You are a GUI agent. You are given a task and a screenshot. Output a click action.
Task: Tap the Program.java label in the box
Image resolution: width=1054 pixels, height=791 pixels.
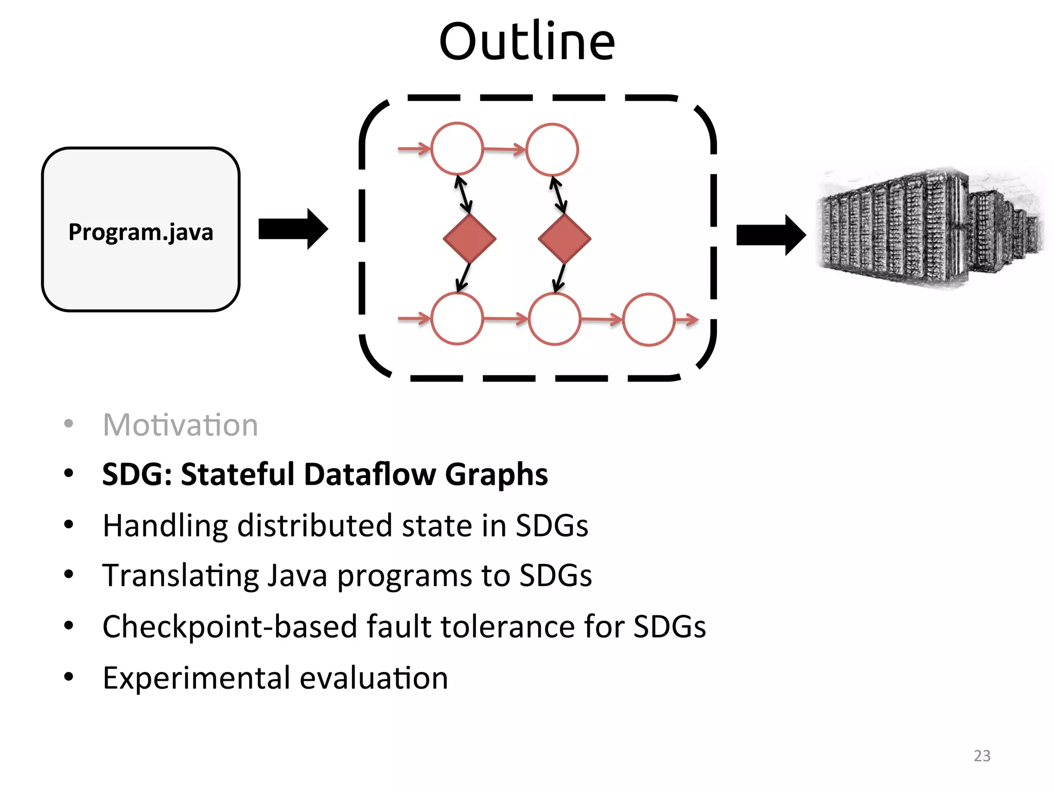[x=140, y=232]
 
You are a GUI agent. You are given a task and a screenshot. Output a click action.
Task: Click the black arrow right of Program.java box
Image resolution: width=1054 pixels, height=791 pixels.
[x=292, y=229]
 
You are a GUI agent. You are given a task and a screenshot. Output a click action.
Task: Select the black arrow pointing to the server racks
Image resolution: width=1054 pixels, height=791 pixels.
[x=770, y=235]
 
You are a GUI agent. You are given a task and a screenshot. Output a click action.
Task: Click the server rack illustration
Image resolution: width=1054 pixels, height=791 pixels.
[x=929, y=228]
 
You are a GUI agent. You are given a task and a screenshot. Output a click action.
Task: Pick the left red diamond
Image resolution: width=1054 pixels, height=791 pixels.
[x=469, y=238]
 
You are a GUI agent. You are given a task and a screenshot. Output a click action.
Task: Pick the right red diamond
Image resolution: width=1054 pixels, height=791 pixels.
[x=565, y=238]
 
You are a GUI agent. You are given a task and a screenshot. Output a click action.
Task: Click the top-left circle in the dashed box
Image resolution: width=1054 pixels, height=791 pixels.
[x=457, y=148]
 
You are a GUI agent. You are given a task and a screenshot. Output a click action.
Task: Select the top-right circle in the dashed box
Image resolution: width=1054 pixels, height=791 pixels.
[x=552, y=149]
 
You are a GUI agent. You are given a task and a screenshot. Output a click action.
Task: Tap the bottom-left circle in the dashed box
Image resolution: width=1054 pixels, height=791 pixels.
[x=457, y=319]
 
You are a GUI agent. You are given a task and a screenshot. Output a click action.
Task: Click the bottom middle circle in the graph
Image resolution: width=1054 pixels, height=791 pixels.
[x=554, y=319]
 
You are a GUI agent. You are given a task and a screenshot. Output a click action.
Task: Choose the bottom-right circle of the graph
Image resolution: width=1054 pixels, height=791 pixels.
[x=648, y=320]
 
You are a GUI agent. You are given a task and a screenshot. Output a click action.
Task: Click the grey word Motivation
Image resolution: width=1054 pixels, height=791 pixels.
[x=180, y=425]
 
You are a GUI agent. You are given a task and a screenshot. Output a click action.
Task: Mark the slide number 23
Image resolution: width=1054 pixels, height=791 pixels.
[x=982, y=755]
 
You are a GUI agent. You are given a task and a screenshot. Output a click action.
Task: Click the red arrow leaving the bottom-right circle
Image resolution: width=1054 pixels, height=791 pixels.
[x=687, y=320]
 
